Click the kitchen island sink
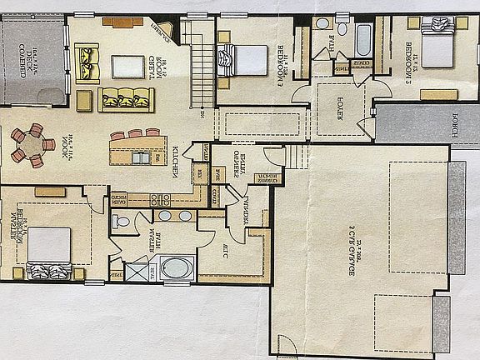click(x=142, y=157)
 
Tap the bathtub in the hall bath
click(x=363, y=38)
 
